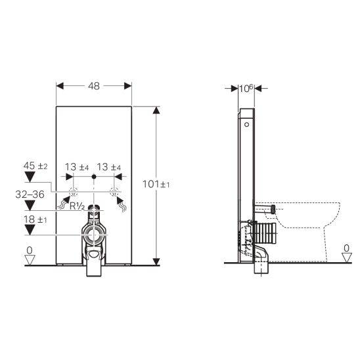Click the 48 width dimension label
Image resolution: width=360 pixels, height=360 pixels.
94,86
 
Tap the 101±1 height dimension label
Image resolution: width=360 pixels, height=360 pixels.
156,184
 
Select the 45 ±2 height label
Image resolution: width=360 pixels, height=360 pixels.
35,166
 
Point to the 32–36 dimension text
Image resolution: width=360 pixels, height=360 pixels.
30,194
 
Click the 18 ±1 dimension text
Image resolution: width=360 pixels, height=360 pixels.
35,219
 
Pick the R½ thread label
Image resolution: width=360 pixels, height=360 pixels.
77,206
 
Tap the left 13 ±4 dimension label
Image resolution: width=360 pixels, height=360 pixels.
77,167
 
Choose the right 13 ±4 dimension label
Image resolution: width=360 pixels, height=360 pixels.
109,167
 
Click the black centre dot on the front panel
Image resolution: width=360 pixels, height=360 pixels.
94,177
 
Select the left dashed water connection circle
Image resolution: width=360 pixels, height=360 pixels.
73,192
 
